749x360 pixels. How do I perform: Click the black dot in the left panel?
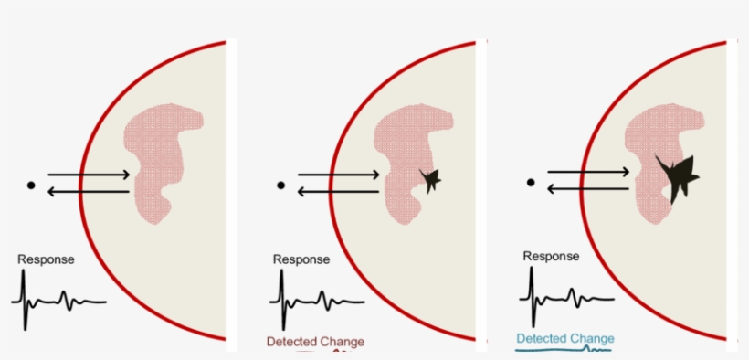pos(31,185)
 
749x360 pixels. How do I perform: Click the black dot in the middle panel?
pos(281,185)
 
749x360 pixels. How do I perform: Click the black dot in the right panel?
pos(531,182)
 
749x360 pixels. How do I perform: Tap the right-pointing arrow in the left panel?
pos(89,174)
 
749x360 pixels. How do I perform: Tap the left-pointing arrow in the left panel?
pos(89,191)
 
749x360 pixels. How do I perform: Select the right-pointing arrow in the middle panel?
pos(339,174)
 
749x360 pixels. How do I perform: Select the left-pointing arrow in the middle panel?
pos(339,191)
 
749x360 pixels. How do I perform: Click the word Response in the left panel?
pos(47,259)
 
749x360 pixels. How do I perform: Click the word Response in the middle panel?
pos(301,259)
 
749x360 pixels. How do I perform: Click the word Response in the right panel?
pos(552,256)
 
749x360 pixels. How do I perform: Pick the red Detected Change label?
pos(315,343)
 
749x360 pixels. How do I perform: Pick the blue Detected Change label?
pos(565,339)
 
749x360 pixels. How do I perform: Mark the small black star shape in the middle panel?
pos(429,180)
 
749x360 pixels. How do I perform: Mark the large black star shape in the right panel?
pos(678,175)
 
